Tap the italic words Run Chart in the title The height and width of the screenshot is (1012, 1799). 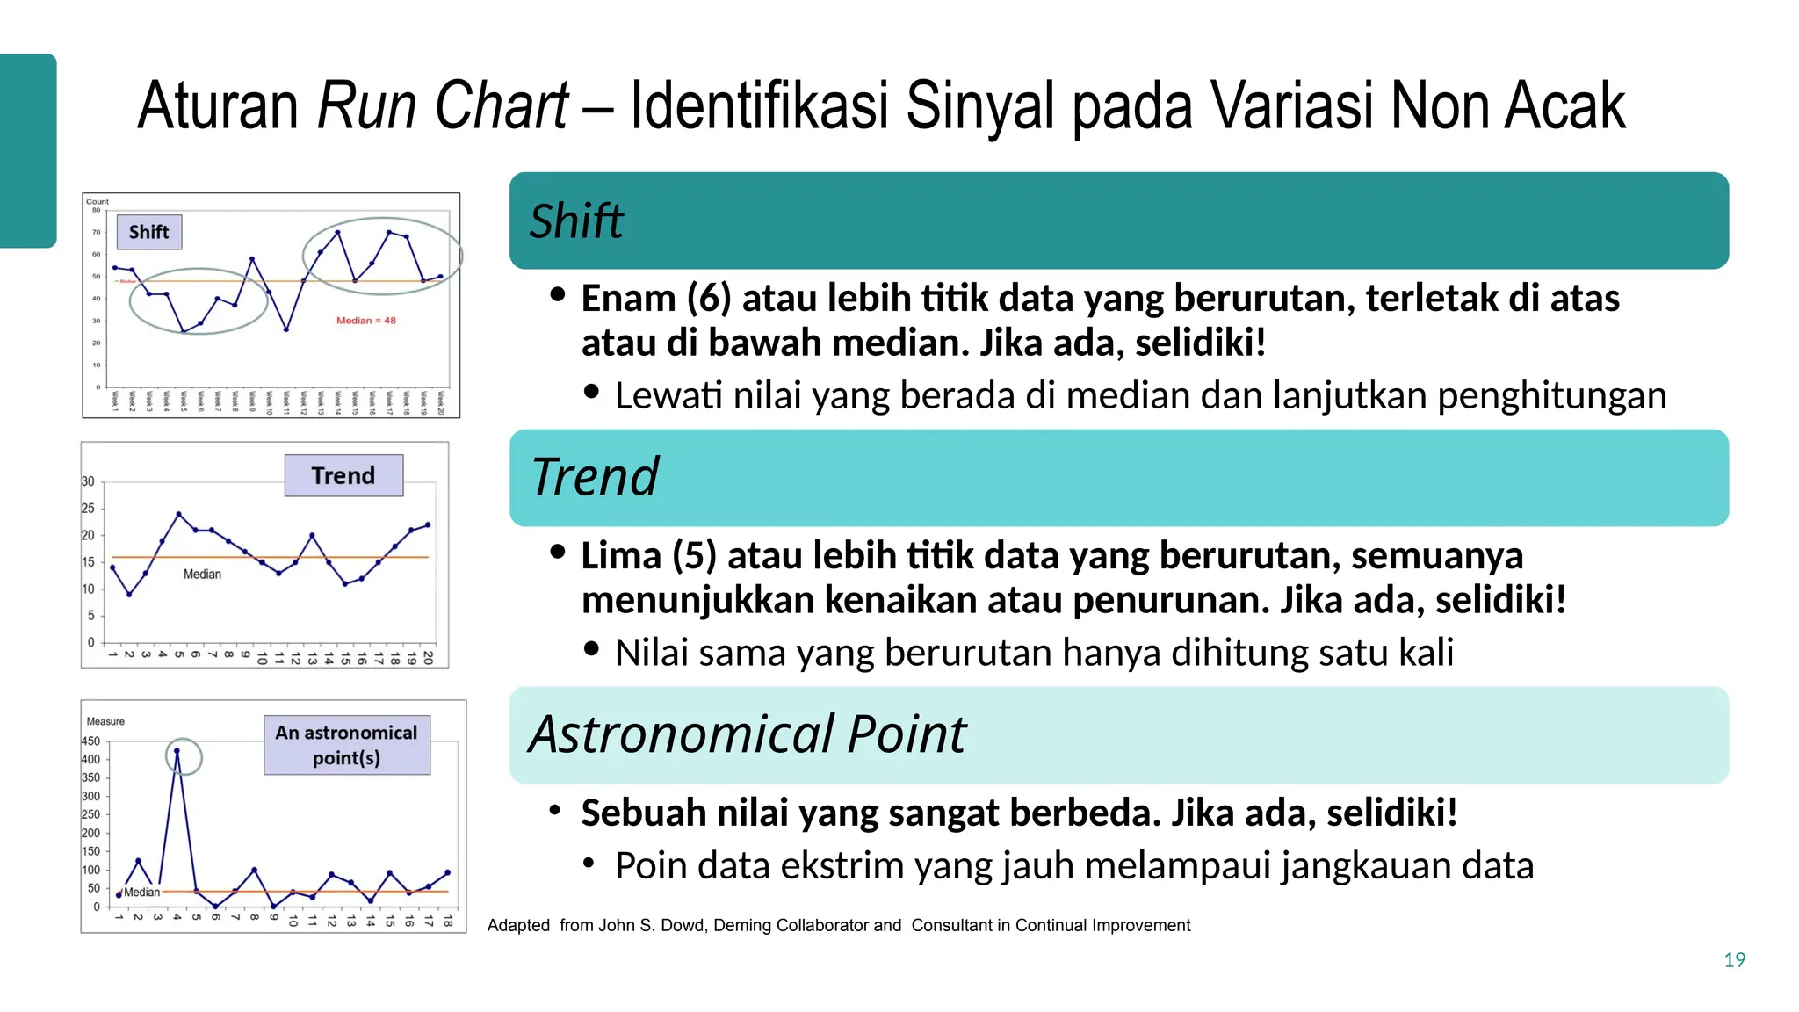click(443, 105)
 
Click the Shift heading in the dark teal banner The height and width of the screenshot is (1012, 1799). click(576, 220)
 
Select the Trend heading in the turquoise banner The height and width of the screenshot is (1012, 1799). click(595, 477)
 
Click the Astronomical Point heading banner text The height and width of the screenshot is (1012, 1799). click(747, 734)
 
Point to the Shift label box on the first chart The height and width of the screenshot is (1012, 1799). click(149, 232)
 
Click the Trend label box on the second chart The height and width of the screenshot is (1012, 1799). click(343, 475)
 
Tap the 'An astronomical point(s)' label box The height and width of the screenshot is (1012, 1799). click(347, 745)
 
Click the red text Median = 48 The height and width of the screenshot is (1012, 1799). click(366, 321)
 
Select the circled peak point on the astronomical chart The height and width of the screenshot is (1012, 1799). click(177, 752)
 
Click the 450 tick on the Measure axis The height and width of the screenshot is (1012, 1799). click(90, 741)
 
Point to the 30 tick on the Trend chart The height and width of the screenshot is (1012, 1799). click(88, 481)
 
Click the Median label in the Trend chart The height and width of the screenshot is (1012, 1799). click(202, 574)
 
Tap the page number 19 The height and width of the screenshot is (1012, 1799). click(1734, 960)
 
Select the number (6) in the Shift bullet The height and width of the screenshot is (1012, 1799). click(709, 299)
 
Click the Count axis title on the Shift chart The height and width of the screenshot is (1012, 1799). click(98, 201)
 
